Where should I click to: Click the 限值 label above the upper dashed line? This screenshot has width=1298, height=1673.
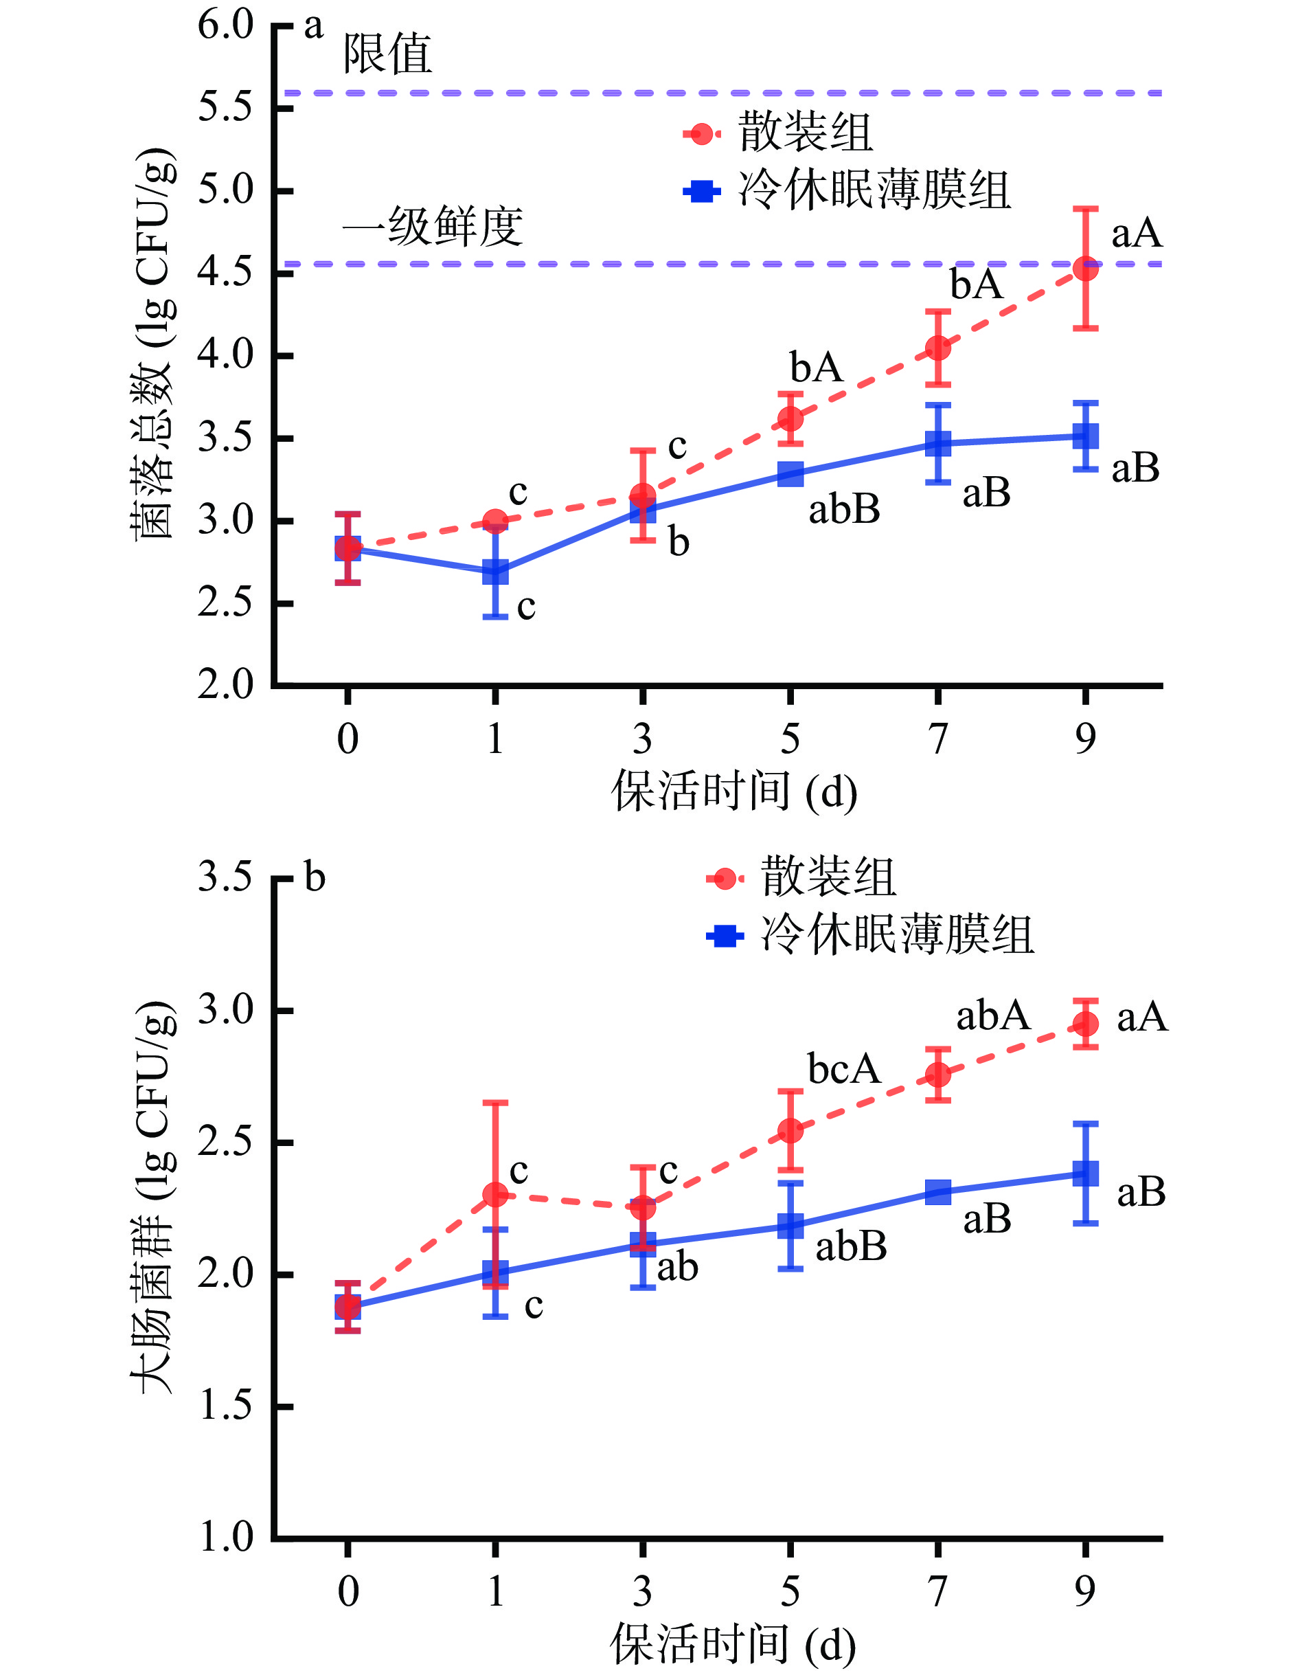(387, 55)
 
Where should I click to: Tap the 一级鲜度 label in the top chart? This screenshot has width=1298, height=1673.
(433, 227)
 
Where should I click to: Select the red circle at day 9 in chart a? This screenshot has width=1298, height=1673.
(1085, 269)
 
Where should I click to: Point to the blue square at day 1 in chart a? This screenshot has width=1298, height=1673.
(495, 572)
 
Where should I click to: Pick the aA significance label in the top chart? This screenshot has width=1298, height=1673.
(1137, 233)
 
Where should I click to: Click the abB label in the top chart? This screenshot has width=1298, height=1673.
(844, 508)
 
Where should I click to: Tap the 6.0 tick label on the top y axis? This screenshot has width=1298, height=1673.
(225, 25)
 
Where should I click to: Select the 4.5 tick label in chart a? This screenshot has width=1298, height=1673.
(225, 272)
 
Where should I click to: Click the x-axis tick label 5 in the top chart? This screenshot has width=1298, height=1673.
(790, 739)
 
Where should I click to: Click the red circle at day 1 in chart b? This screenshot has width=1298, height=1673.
(495, 1195)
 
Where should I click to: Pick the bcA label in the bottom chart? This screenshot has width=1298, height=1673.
(844, 1068)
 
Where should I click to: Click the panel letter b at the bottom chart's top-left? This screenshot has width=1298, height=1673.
(315, 878)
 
